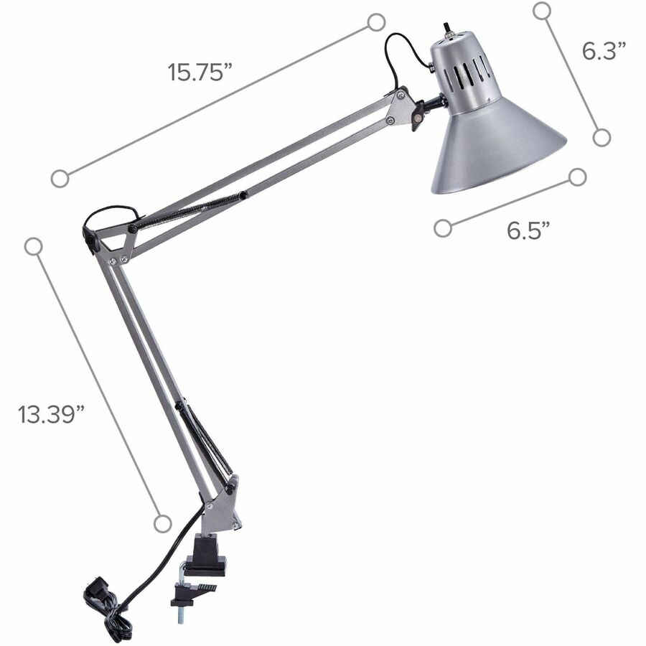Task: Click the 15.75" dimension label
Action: pyautogui.click(x=201, y=72)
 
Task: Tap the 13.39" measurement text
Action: pyautogui.click(x=52, y=413)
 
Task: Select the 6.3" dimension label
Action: pyautogui.click(x=604, y=51)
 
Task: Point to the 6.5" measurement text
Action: pyautogui.click(x=528, y=230)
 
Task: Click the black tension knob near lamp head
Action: pyautogui.click(x=417, y=116)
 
